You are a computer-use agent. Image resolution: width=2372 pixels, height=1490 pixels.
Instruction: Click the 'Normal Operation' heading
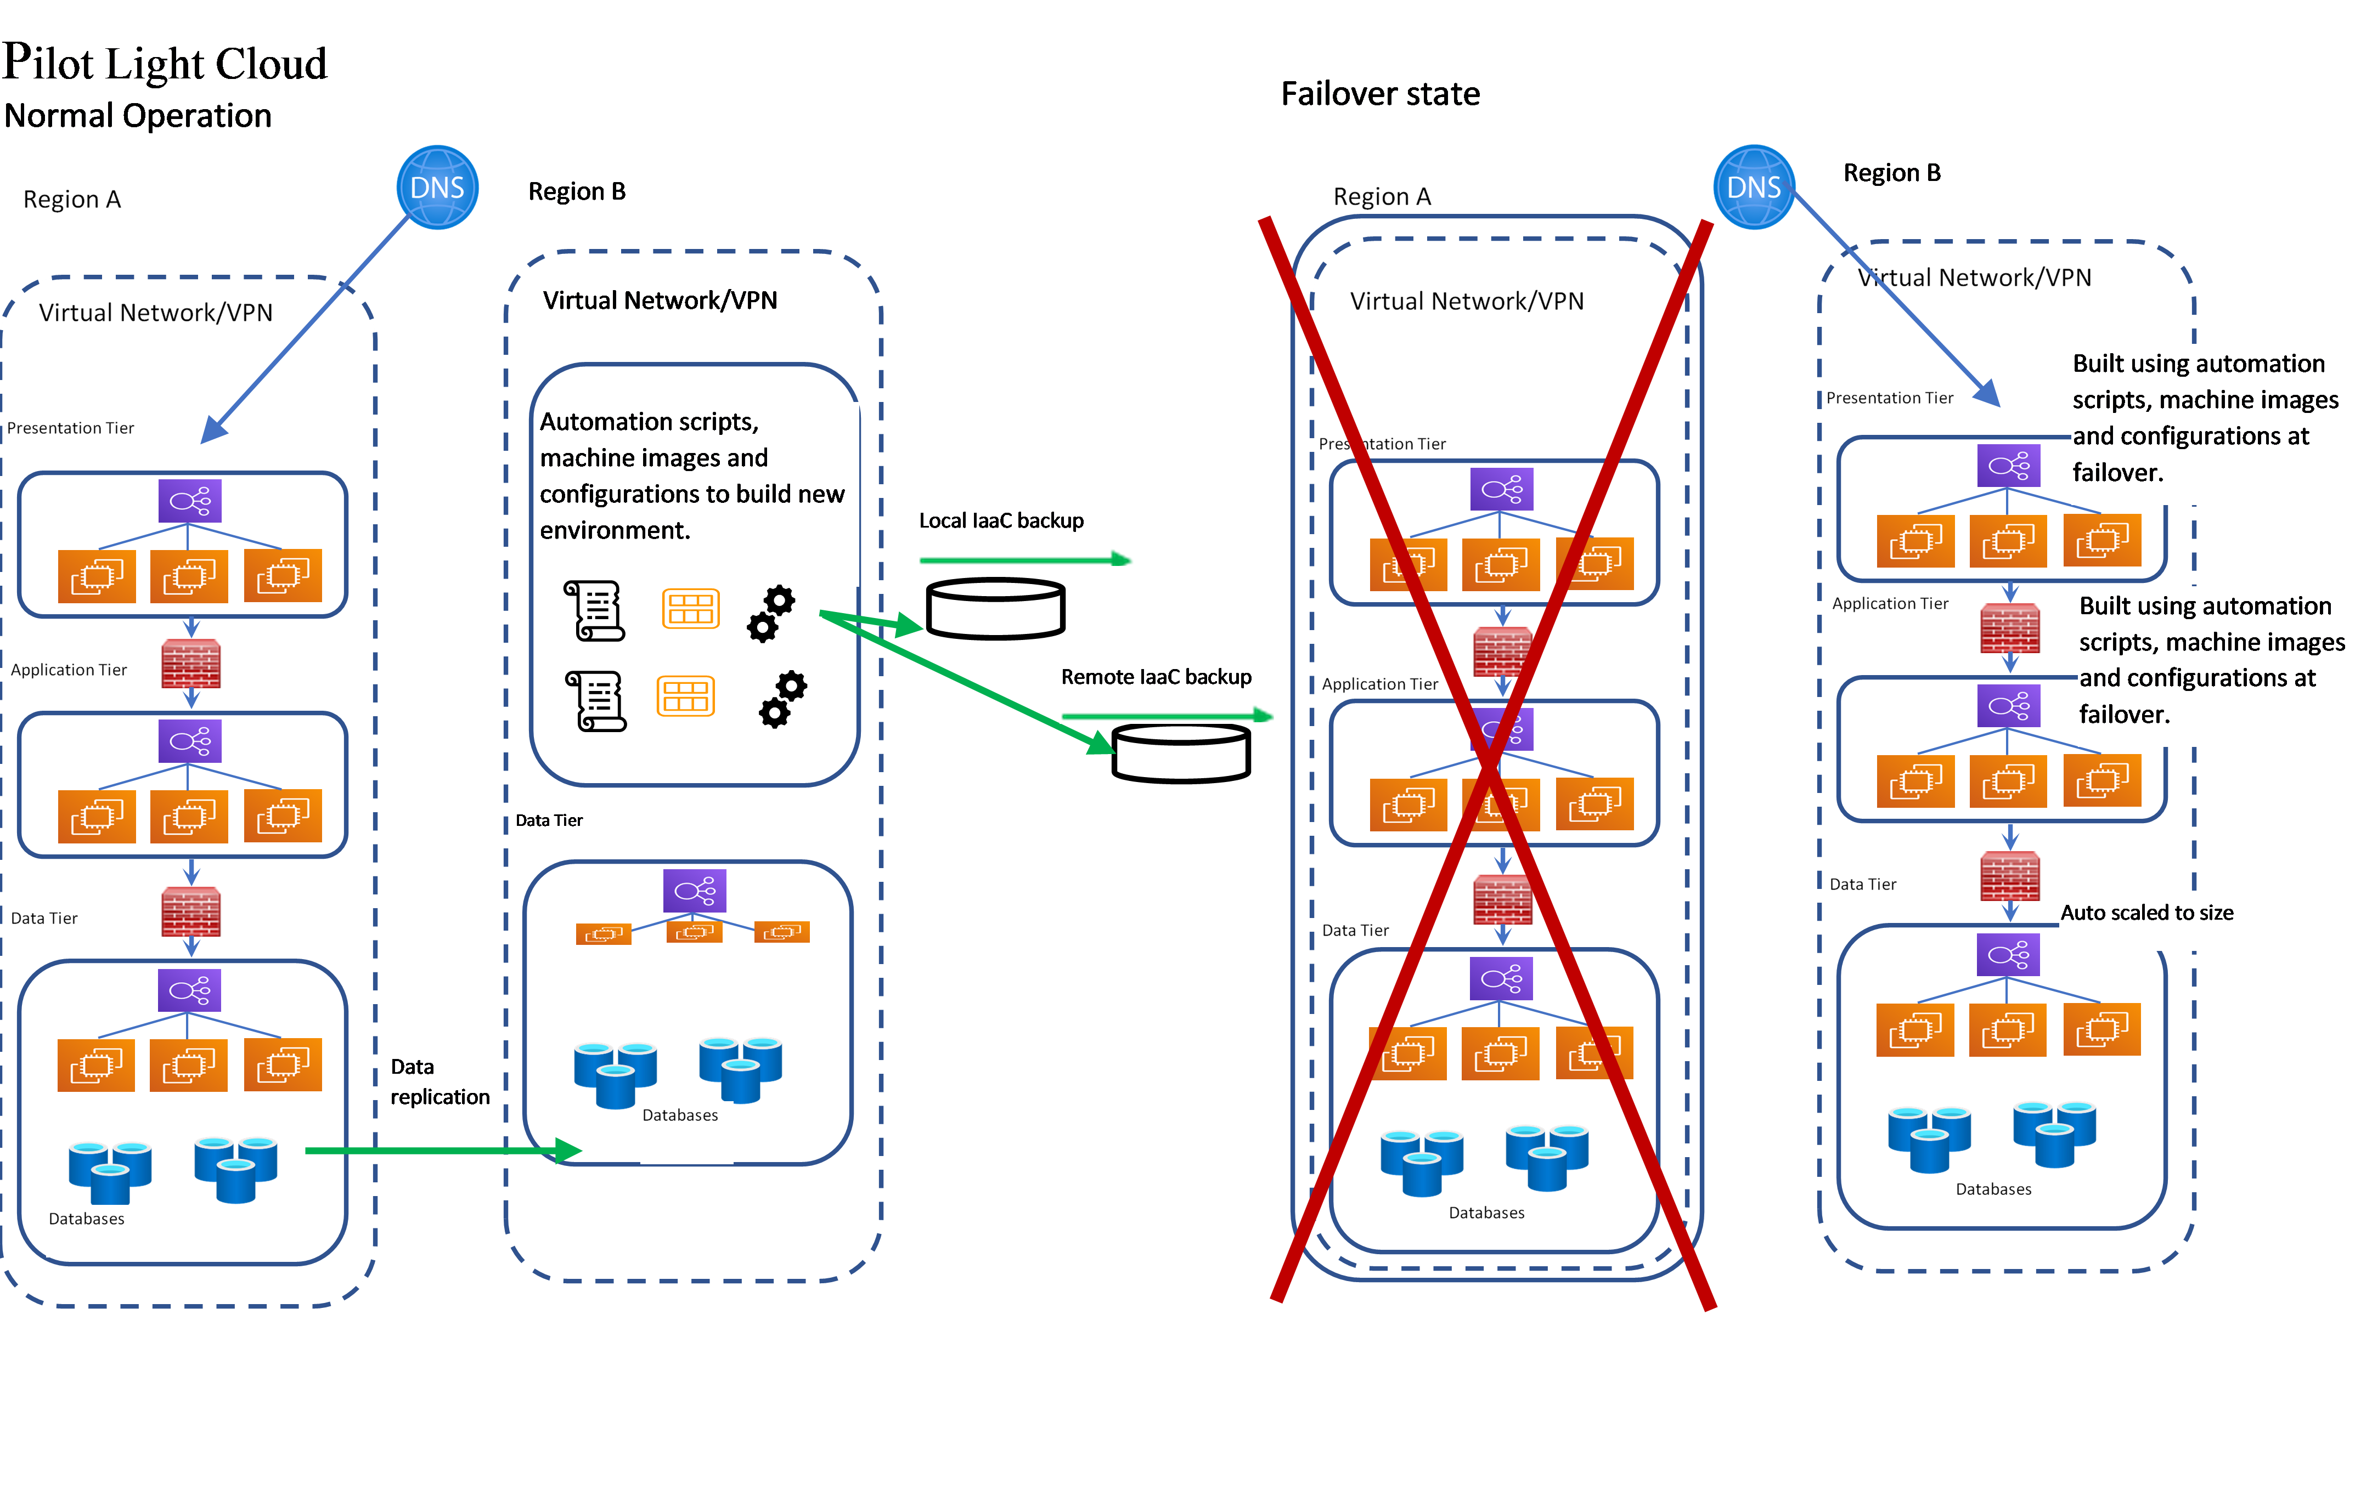[x=138, y=116]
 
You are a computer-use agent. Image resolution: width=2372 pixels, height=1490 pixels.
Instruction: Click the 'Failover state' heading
[x=1380, y=94]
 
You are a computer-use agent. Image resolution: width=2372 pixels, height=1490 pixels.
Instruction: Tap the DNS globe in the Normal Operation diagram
[x=437, y=187]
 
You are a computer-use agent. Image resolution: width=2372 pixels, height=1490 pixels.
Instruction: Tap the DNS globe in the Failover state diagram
[x=1754, y=187]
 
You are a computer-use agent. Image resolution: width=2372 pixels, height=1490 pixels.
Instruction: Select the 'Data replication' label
[x=440, y=1083]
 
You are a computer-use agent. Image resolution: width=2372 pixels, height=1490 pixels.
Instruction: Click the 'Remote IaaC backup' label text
[x=1156, y=677]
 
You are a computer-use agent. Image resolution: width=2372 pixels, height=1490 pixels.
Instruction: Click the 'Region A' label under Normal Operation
[x=72, y=200]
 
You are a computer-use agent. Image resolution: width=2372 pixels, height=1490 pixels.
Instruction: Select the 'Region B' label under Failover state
[x=1891, y=173]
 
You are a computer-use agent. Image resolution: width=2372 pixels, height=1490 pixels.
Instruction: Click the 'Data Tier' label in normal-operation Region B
[x=549, y=820]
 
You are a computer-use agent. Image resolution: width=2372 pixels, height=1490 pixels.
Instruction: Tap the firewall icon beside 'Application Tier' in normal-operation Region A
[x=191, y=665]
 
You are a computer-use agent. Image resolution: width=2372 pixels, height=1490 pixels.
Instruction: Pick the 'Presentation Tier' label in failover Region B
[x=1889, y=398]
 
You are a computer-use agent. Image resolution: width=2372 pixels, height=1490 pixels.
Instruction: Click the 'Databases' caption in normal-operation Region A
[x=87, y=1219]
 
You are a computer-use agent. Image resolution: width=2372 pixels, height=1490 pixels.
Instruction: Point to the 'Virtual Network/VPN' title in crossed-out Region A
[x=1467, y=302]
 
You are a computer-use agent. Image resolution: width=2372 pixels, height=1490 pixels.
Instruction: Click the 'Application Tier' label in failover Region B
[x=1889, y=604]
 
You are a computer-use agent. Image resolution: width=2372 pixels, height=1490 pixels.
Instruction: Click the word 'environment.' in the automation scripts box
[x=615, y=531]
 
